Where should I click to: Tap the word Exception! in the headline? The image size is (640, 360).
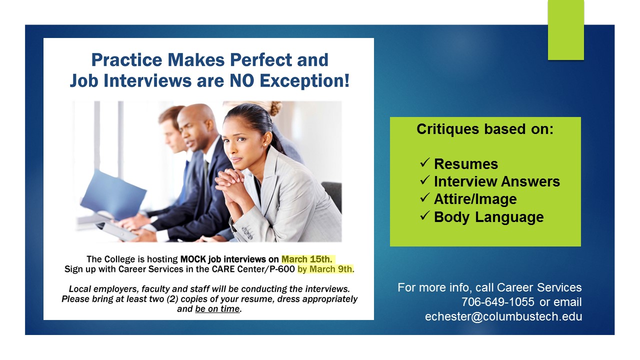coord(304,80)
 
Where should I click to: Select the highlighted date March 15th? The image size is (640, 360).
coord(307,259)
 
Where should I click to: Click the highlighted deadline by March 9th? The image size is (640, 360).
coord(325,269)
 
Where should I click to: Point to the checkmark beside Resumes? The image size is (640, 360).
coord(425,162)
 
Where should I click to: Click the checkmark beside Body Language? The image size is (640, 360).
coord(425,215)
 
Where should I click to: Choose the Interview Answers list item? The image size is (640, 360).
coord(497,181)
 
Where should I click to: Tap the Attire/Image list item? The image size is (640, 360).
coord(475,199)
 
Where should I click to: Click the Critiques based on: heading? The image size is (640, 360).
coord(485,129)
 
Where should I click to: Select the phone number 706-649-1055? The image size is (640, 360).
coord(497,301)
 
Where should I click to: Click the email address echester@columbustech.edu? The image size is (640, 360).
coord(503,316)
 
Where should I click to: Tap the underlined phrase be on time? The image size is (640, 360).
coord(217,309)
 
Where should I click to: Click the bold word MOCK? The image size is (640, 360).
coord(193,259)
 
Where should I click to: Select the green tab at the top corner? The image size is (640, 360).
coord(565,30)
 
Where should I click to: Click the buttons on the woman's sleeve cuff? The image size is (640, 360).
coord(247,232)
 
